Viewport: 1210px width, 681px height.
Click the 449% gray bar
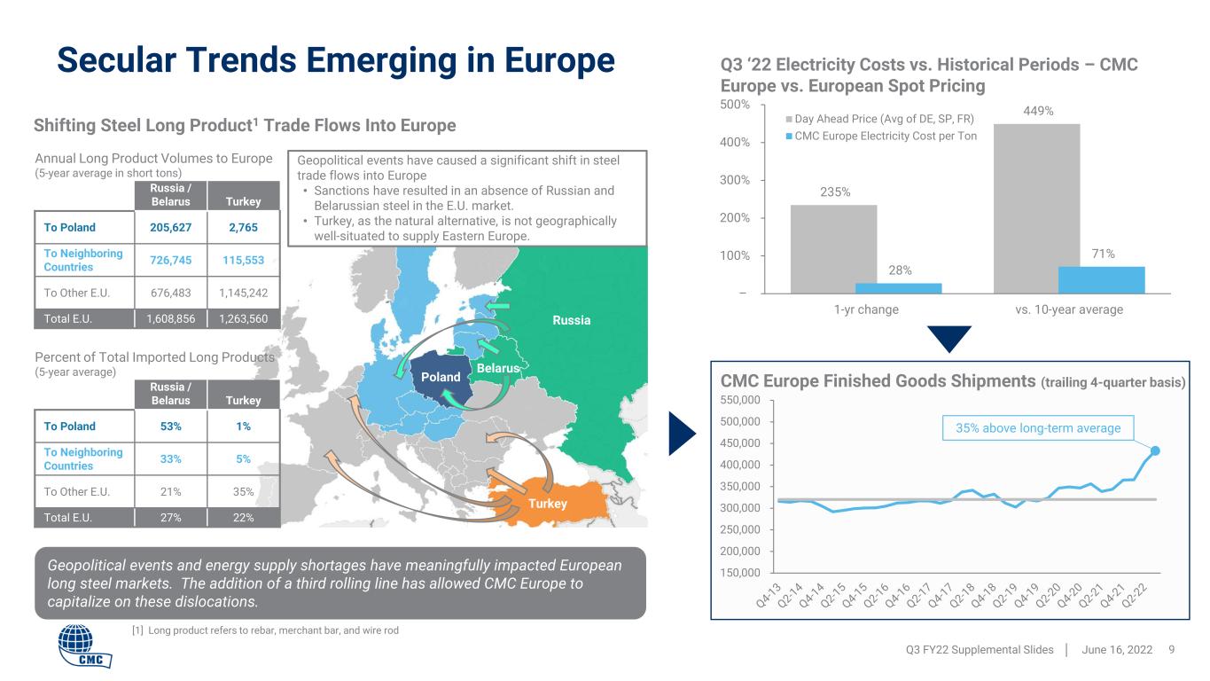tap(1037, 208)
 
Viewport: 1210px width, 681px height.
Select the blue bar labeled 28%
tap(899, 288)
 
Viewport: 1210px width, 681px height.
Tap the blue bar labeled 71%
tap(1102, 279)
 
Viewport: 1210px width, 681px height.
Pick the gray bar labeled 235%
tap(833, 249)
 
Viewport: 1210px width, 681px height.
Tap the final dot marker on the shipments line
tap(1155, 450)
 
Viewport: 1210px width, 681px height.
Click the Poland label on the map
tap(441, 377)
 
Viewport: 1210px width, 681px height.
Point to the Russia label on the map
tap(572, 320)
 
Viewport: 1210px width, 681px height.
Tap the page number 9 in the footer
tap(1172, 650)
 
